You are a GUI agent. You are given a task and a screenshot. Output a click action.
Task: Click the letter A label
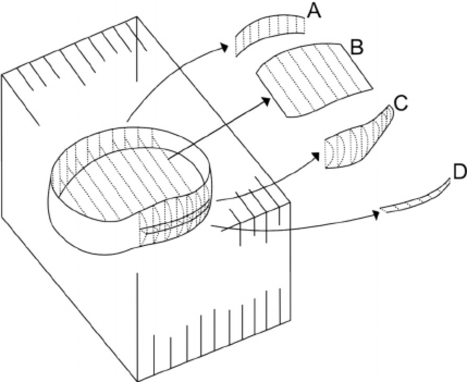tap(314, 10)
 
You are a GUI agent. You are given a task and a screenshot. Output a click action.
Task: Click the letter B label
tap(357, 48)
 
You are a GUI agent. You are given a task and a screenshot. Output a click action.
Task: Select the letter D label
tap(459, 171)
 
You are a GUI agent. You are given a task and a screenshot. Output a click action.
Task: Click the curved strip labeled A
tap(269, 34)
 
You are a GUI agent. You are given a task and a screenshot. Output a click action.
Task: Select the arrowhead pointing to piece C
tap(318, 155)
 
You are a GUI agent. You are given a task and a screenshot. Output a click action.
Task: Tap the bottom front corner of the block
tap(137, 379)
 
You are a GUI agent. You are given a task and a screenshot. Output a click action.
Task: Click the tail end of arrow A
tap(127, 121)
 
